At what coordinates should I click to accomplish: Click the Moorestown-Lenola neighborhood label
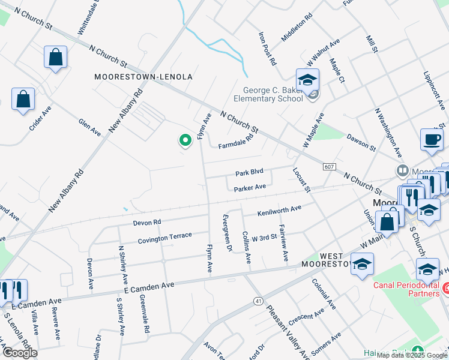pos(143,77)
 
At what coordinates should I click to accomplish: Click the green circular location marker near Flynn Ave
pos(185,140)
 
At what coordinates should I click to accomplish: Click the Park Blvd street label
pos(250,173)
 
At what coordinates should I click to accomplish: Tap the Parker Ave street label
pos(250,188)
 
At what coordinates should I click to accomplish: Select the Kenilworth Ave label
pos(279,211)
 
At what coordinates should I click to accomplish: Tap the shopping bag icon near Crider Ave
pos(23,100)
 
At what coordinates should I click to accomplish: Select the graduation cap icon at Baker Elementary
pos(307,80)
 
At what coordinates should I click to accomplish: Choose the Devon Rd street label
pos(148,222)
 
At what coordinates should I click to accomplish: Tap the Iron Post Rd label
pos(268,49)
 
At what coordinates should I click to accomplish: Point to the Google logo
pos(20,353)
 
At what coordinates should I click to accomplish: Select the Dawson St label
pos(361,142)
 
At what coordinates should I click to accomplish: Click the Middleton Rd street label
pos(297,28)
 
